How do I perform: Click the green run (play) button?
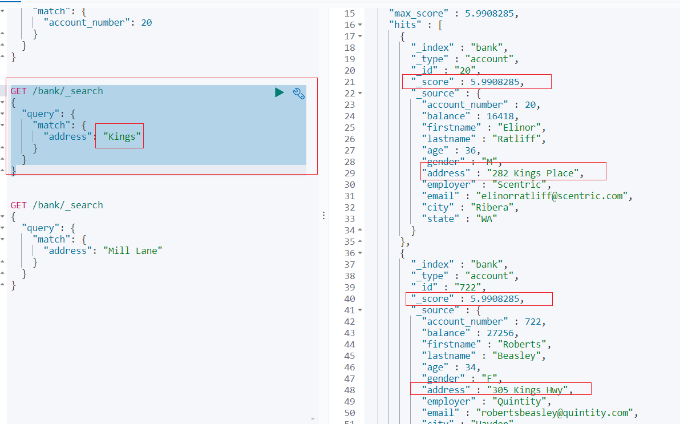[279, 92]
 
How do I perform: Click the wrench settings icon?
[299, 93]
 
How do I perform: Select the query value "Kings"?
[122, 136]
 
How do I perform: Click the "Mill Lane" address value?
[135, 251]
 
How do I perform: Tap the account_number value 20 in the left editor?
[147, 23]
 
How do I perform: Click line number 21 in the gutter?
[350, 82]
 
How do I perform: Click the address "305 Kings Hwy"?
[529, 390]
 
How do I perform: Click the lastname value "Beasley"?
[520, 356]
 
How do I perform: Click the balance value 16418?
[501, 116]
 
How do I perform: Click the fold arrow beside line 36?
[360, 253]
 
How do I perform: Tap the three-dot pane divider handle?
[323, 215]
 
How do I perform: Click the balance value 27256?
[501, 333]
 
